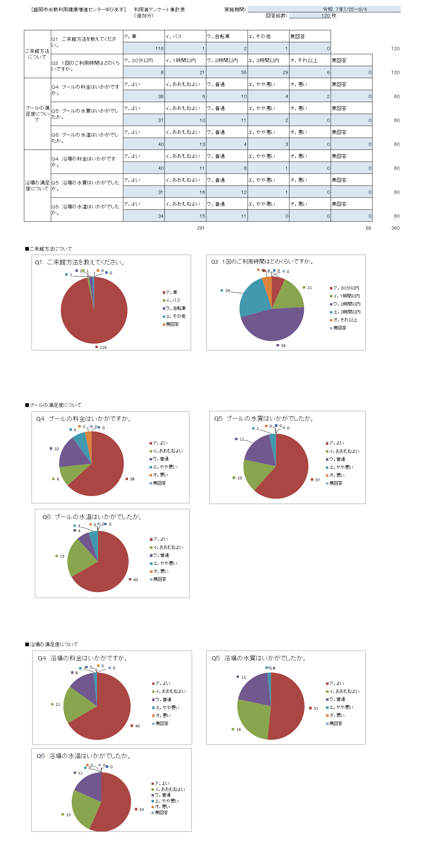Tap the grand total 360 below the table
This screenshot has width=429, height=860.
(395, 228)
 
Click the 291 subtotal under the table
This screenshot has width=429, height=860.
(200, 228)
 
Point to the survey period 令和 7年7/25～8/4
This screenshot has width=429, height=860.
(344, 9)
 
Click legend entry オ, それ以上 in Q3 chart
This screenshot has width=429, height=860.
(345, 320)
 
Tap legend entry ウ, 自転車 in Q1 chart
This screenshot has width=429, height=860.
(175, 308)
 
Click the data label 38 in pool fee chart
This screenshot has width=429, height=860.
(132, 479)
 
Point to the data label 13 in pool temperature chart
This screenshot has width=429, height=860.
(62, 556)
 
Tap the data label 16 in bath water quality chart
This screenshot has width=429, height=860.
(238, 729)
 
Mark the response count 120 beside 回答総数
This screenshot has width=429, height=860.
(325, 16)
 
